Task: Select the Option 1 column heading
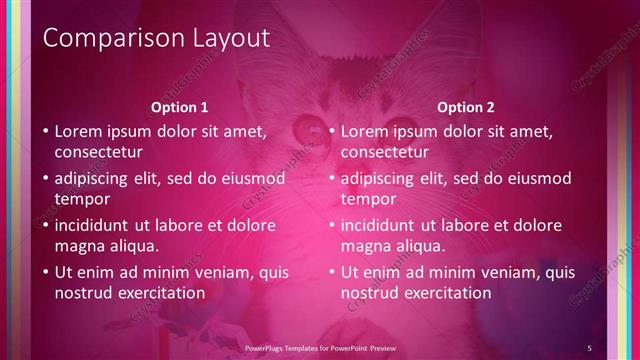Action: point(180,107)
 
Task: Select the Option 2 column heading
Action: point(466,107)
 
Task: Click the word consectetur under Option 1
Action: point(98,152)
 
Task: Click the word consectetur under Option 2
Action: point(384,152)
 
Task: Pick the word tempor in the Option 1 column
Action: point(78,199)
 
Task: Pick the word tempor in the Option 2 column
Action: point(364,199)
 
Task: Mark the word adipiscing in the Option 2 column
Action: point(381,179)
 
